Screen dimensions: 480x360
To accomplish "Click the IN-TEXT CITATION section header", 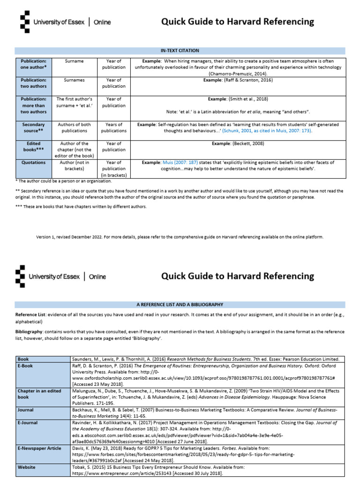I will point(180,51).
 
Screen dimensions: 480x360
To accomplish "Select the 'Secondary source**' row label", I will point(33,127).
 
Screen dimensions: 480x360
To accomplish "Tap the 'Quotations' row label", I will point(33,163).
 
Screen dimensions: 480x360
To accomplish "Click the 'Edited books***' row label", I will point(33,146).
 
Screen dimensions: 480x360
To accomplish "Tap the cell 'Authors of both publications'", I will point(74,127).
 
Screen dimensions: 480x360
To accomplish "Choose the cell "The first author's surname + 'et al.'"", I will point(74,102).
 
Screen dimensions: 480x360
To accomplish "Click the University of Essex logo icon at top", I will point(24,21).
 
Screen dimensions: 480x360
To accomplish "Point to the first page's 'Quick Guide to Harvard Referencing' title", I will point(238,22).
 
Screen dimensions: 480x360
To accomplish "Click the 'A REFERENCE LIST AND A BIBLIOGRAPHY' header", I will point(180,305).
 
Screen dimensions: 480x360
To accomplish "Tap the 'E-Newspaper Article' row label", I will point(39,448).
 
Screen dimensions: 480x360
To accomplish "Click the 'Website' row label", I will point(27,467).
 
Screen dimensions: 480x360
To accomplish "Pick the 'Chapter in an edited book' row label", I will point(39,393).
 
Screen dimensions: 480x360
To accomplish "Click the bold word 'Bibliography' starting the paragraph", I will point(29,331).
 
